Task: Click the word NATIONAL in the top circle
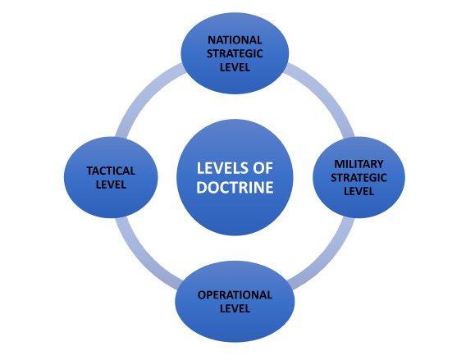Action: click(235, 39)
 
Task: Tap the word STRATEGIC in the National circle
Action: click(235, 52)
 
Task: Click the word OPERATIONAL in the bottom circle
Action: click(235, 294)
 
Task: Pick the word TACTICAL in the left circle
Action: click(111, 171)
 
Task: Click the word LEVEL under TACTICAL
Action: click(111, 185)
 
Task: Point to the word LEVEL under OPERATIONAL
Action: click(235, 309)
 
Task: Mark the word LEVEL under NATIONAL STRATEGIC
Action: click(235, 66)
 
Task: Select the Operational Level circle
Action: click(235, 324)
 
